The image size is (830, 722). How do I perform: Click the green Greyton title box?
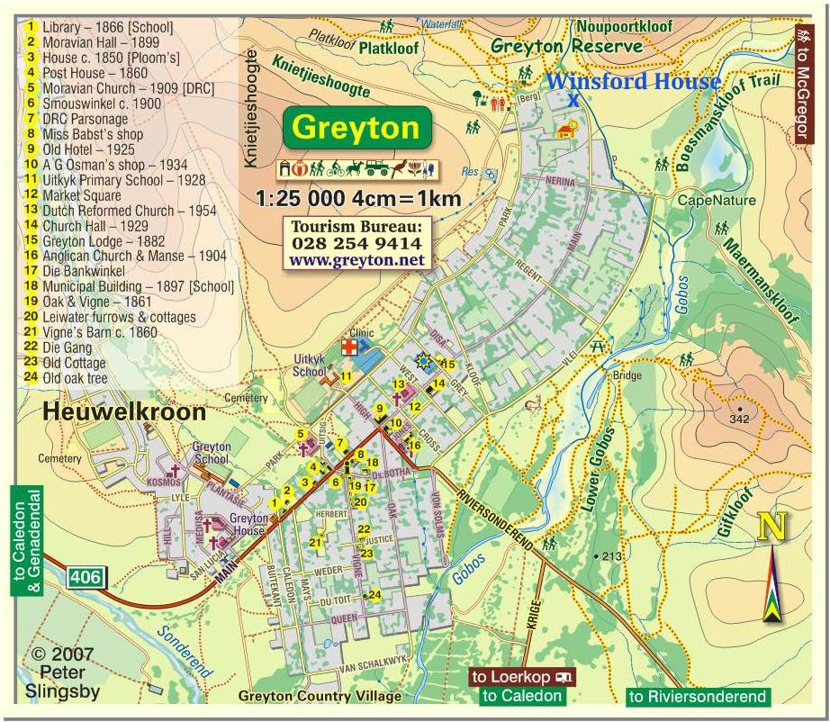pyautogui.click(x=356, y=128)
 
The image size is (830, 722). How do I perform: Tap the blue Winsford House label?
pyautogui.click(x=634, y=82)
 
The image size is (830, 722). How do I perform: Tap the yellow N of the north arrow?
pyautogui.click(x=770, y=528)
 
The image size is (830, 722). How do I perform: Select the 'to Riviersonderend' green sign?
pyautogui.click(x=698, y=696)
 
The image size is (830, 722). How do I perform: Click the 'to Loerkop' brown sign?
pyautogui.click(x=523, y=677)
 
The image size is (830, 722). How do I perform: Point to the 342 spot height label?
pyautogui.click(x=740, y=420)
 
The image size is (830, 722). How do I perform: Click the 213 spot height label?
pyautogui.click(x=611, y=556)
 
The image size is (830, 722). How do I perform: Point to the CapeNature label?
pyautogui.click(x=717, y=201)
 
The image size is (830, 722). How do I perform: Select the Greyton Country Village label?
pyautogui.click(x=320, y=697)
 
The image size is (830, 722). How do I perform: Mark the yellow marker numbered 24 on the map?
pyautogui.click(x=374, y=595)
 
